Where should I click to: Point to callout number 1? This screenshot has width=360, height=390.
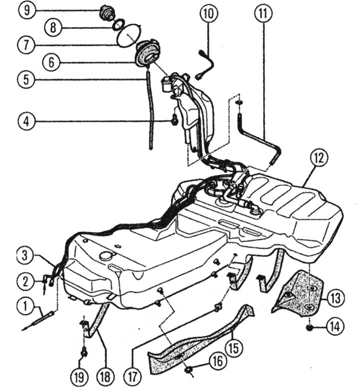coord(23,303)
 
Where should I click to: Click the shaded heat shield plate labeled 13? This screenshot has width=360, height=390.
coord(300,292)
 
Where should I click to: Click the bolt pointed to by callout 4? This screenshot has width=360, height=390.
coord(175,120)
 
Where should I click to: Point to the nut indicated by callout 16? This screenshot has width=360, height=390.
coord(189,370)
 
